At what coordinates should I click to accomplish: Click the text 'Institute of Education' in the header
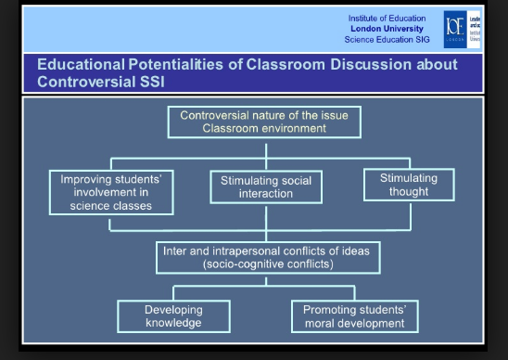387,19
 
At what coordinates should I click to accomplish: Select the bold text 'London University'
387,29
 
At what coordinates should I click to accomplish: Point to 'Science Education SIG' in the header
387,39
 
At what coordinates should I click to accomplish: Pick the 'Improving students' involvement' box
110,191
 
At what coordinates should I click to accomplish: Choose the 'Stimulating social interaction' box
265,186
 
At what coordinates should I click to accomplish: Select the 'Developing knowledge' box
173,316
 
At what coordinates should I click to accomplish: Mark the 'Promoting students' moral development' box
355,316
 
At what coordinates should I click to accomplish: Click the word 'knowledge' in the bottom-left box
173,324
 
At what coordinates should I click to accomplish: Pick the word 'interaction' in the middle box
265,194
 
